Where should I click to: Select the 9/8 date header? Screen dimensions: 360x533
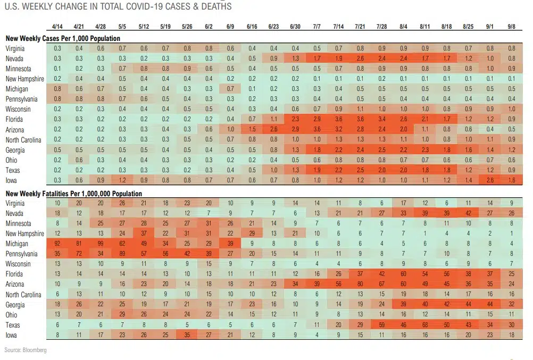click(512, 26)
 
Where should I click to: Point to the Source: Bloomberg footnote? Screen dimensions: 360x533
click(26, 350)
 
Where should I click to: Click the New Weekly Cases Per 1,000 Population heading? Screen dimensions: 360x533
click(63, 38)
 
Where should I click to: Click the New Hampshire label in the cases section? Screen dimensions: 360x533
click(24, 79)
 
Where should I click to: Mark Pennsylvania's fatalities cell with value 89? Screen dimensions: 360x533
click(122, 254)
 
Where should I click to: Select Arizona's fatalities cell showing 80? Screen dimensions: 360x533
click(360, 284)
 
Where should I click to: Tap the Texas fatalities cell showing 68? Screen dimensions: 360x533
click(425, 325)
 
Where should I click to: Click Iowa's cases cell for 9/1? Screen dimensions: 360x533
click(490, 180)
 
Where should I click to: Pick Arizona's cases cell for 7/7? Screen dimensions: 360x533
click(317, 129)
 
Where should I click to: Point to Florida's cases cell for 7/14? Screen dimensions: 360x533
click(338, 119)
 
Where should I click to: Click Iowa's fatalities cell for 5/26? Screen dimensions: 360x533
click(187, 335)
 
